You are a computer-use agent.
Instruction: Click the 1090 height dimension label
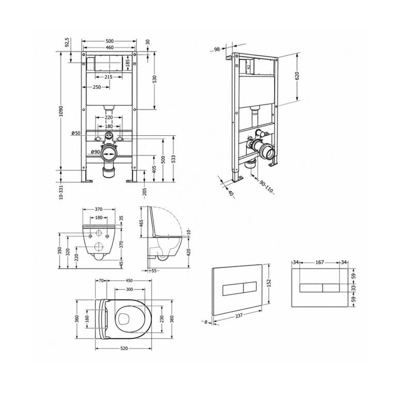pyautogui.click(x=61, y=112)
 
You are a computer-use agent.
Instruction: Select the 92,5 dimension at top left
pyautogui.click(x=67, y=42)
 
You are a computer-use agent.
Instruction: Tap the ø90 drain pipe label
pyautogui.click(x=96, y=152)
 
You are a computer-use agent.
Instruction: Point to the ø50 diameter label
pyautogui.click(x=76, y=133)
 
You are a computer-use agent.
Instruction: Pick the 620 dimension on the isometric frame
pyautogui.click(x=297, y=76)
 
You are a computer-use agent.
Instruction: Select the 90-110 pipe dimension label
pyautogui.click(x=266, y=186)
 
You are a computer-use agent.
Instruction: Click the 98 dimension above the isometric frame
pyautogui.click(x=217, y=49)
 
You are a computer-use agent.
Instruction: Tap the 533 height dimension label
pyautogui.click(x=173, y=159)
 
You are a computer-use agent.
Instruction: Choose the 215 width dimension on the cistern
pyautogui.click(x=108, y=77)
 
